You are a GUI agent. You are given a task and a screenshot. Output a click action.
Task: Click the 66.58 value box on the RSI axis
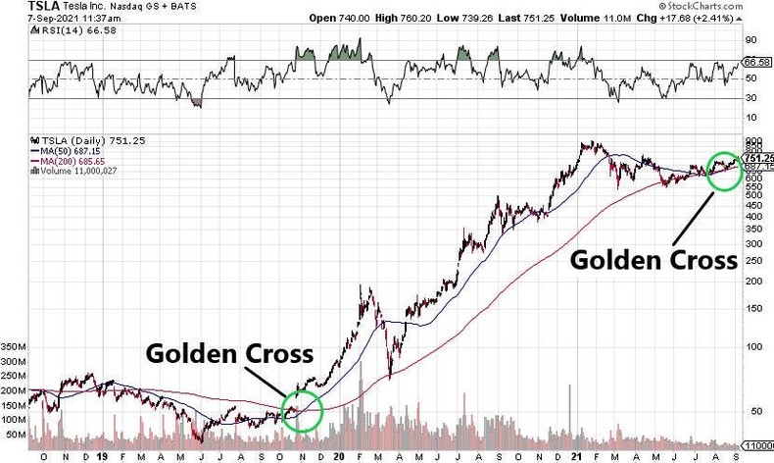click(755, 62)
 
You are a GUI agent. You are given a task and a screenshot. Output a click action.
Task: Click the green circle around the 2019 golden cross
click(302, 411)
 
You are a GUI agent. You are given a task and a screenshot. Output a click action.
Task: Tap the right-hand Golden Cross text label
click(653, 260)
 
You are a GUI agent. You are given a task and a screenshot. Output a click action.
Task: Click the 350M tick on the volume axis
click(16, 347)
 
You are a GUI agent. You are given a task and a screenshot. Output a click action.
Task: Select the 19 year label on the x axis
click(103, 456)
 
